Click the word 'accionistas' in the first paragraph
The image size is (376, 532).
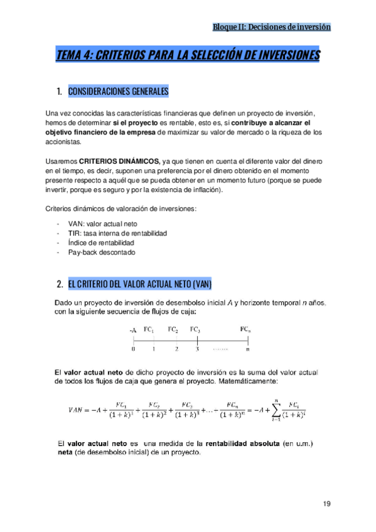(64, 142)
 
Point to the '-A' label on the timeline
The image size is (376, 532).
(132, 329)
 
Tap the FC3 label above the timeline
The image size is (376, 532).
(195, 329)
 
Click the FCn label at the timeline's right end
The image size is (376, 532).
(246, 329)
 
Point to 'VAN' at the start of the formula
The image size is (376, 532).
(77, 410)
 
